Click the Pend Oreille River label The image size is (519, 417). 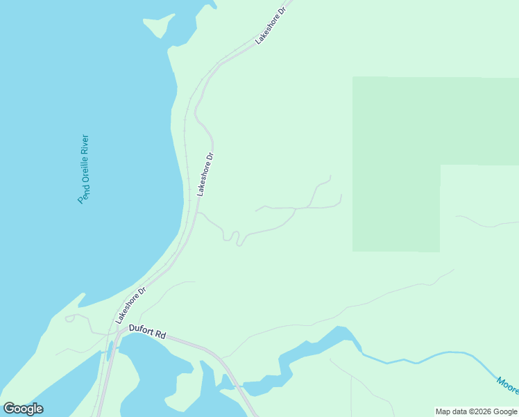click(x=84, y=168)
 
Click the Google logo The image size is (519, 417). click(x=23, y=409)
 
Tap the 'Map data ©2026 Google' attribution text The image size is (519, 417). click(x=476, y=411)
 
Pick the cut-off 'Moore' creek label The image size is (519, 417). click(x=508, y=386)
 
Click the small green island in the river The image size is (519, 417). click(x=159, y=26)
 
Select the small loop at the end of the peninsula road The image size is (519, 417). click(x=69, y=318)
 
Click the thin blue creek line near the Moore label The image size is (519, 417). click(x=430, y=355)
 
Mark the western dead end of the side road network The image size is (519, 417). click(x=256, y=211)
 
